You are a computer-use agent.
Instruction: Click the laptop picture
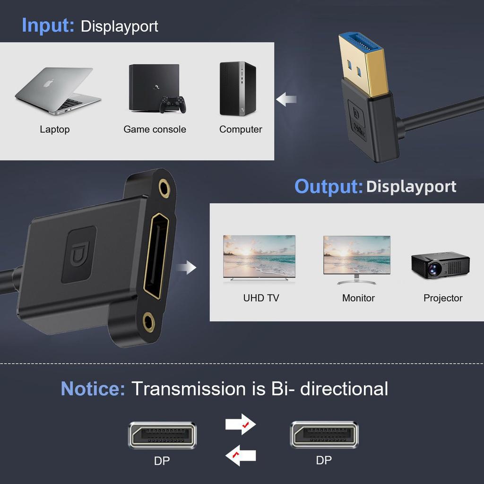coord(58,90)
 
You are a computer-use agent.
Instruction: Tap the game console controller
coord(172,104)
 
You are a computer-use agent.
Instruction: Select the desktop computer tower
coord(237,88)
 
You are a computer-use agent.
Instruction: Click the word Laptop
coord(54,129)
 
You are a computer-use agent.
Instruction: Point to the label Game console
coord(155,129)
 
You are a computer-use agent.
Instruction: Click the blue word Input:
coord(48,25)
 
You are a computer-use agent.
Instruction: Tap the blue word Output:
coord(328,186)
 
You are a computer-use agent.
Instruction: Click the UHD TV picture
coord(259,258)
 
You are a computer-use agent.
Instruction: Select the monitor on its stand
coord(357,259)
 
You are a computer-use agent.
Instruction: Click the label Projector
coord(443,298)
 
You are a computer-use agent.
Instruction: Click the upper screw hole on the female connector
coord(164,189)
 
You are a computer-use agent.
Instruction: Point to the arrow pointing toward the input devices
coord(286,99)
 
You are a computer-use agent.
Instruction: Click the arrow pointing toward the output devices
coord(186,268)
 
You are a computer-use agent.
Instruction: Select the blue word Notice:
coord(93,389)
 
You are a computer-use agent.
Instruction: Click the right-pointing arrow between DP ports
coord(240,424)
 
